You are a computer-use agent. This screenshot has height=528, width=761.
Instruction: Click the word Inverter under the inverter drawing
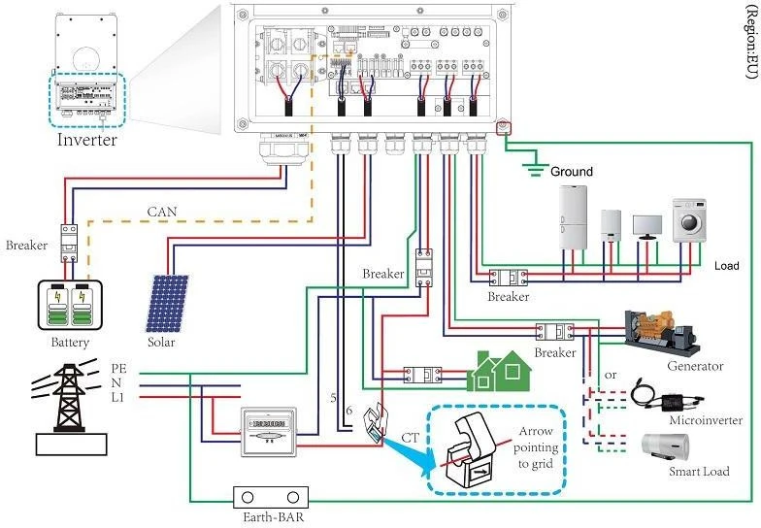coord(86,140)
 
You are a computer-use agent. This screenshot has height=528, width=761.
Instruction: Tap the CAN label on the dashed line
coord(162,211)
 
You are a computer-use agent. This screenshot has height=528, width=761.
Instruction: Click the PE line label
coord(118,369)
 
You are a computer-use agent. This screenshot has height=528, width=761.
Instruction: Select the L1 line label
coord(118,398)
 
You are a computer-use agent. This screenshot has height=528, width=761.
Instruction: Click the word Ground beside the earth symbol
coord(571,172)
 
